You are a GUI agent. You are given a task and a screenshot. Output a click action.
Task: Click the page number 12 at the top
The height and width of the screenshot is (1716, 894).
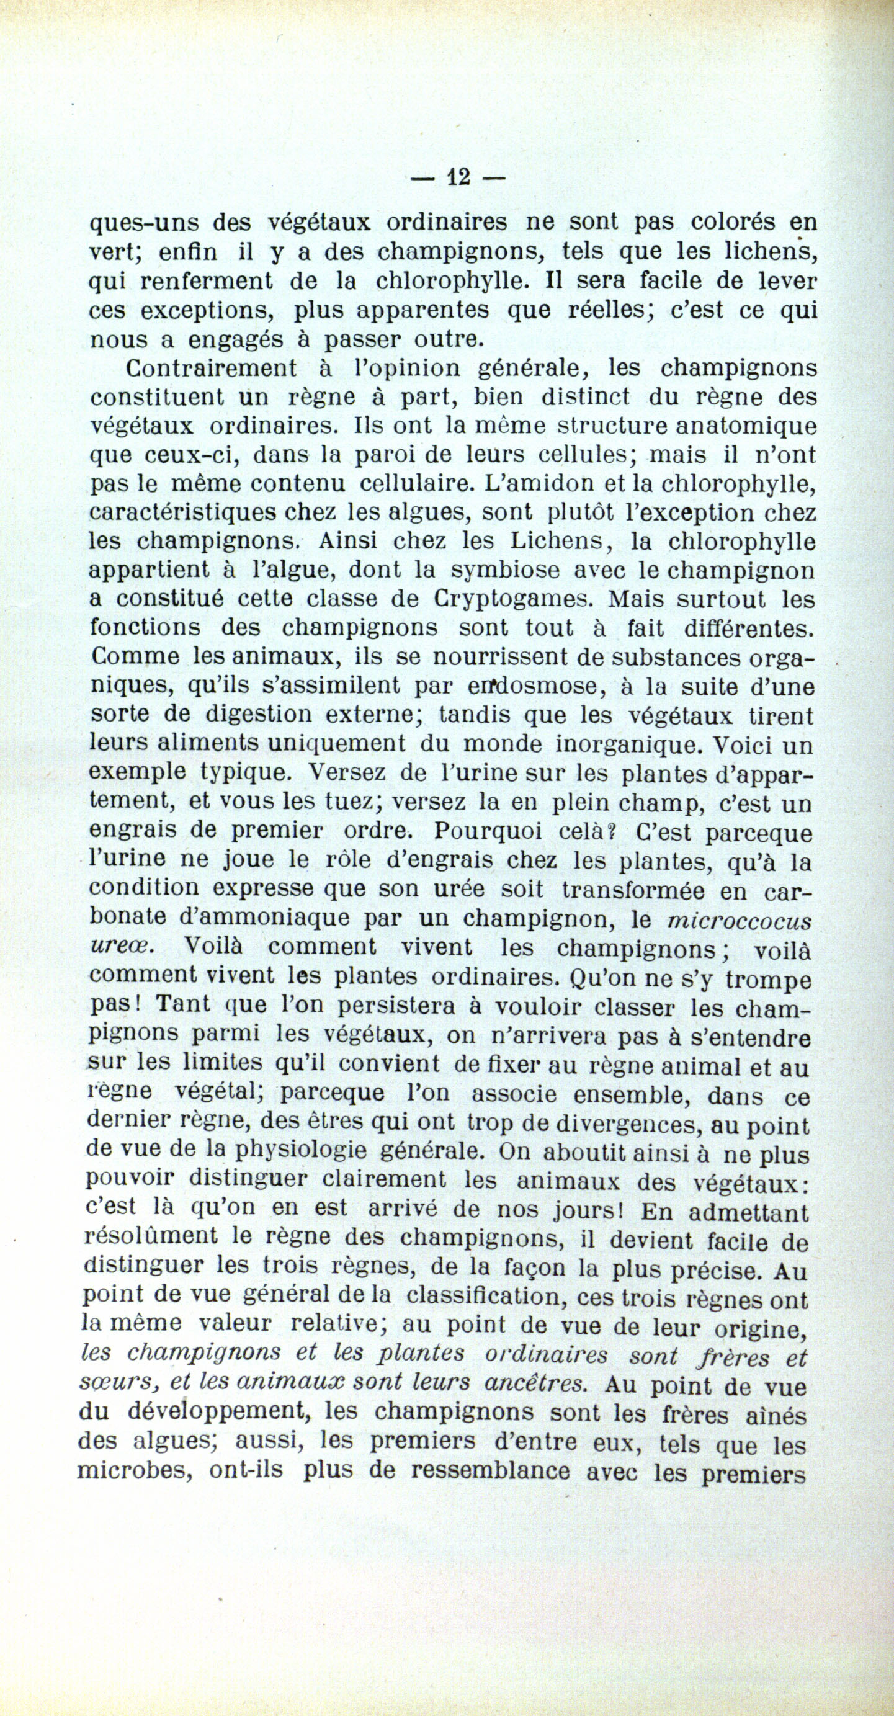pos(458,177)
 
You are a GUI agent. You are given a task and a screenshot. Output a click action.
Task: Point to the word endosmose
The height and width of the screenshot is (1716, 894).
pos(534,685)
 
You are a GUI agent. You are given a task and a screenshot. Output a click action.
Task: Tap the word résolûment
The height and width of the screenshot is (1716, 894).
pos(151,1237)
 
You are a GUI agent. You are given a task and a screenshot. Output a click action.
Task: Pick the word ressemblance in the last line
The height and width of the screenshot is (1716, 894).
pos(489,1470)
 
